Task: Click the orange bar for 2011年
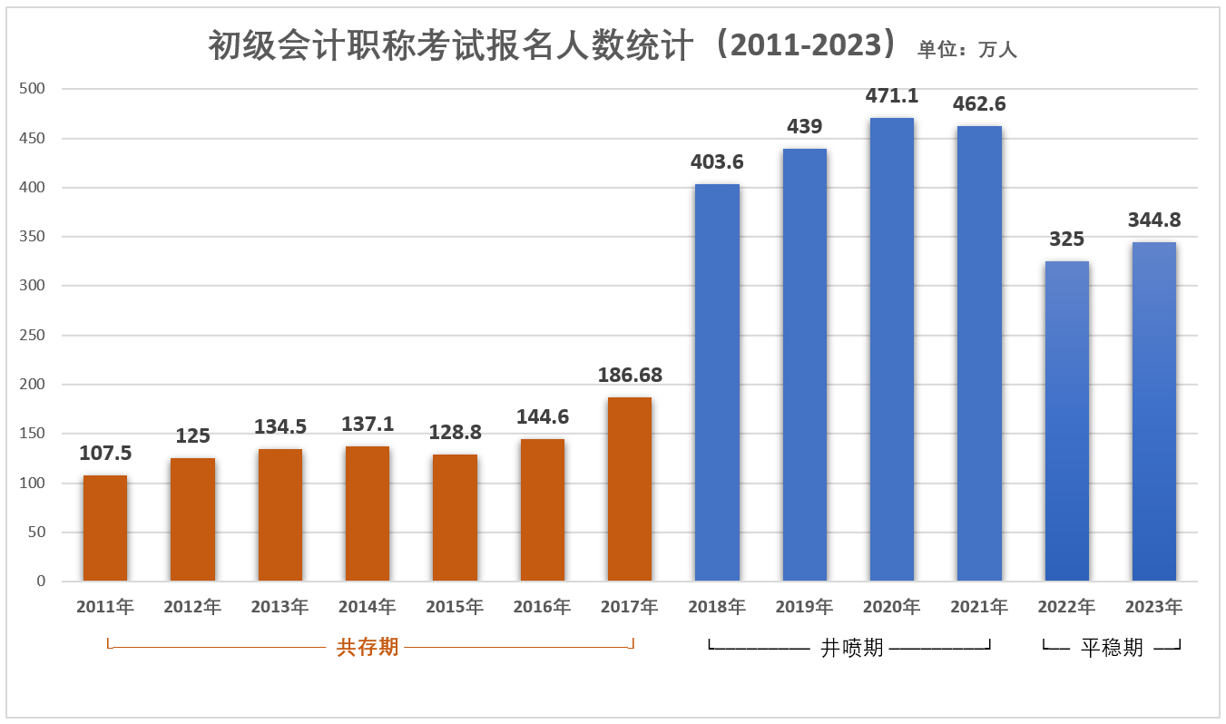tap(105, 528)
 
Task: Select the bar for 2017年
tap(630, 489)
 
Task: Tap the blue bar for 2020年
tap(892, 349)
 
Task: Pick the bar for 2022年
tap(1067, 421)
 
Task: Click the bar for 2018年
tap(717, 382)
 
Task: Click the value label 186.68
tap(630, 375)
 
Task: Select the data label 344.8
tap(1154, 220)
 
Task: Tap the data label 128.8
tap(455, 433)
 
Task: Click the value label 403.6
tap(717, 162)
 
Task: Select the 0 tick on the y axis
tap(40, 581)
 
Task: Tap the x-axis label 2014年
tap(368, 607)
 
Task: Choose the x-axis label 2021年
tap(979, 607)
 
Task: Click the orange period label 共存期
tap(368, 647)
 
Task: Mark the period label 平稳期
tap(1112, 648)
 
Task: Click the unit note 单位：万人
tap(967, 50)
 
